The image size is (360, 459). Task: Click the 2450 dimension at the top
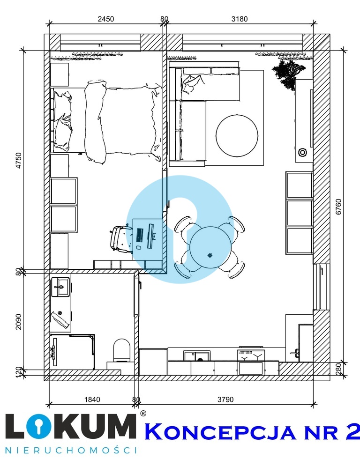(x=106, y=19)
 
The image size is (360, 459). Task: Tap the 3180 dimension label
(x=240, y=19)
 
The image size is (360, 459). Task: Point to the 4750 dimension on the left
(x=18, y=160)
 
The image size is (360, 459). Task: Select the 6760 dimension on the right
(x=338, y=207)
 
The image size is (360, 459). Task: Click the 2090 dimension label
(x=18, y=322)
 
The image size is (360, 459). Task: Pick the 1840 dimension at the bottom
(x=92, y=399)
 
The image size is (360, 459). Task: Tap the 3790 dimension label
(x=225, y=399)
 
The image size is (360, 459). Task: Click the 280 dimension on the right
(x=338, y=367)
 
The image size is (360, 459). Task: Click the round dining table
(x=210, y=247)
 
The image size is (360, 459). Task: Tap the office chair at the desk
(x=120, y=238)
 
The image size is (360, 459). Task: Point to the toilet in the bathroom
(x=121, y=350)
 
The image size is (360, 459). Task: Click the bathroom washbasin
(x=61, y=287)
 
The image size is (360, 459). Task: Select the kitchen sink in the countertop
(x=196, y=355)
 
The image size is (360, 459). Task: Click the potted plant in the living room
(x=289, y=74)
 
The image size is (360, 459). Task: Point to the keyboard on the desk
(x=140, y=235)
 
